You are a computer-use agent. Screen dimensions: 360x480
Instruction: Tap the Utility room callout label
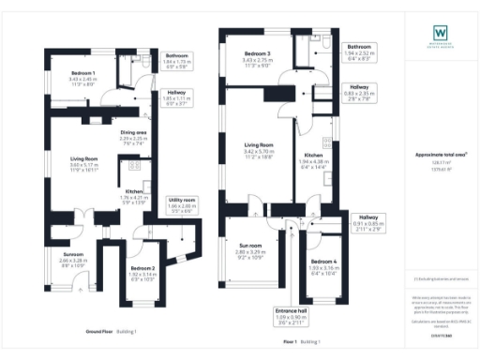click(181, 201)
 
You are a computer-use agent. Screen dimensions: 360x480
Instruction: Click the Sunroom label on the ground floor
click(73, 254)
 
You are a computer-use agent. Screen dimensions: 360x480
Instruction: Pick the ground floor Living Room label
click(84, 160)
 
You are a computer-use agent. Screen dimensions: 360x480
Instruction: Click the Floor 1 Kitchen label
click(314, 155)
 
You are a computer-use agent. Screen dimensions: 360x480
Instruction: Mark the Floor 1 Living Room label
click(259, 145)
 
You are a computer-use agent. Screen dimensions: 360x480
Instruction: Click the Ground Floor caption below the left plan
click(100, 332)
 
